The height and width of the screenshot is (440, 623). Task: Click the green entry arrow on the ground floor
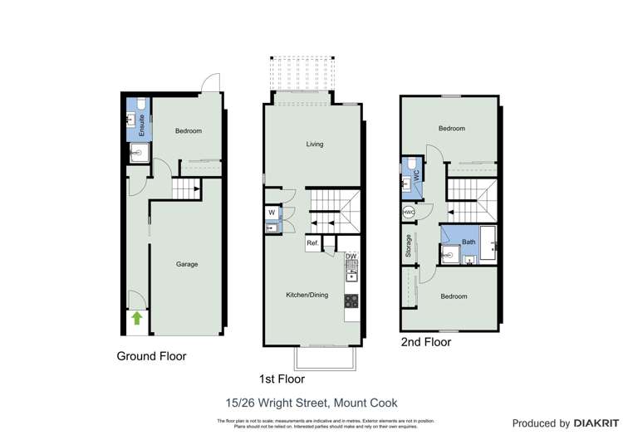137,318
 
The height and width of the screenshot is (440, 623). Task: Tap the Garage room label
187,264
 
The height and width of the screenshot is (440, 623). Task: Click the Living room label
314,144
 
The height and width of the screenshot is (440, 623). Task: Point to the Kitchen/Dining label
307,295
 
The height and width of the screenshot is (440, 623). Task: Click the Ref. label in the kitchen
312,243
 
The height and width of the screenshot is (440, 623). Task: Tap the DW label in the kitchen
351,257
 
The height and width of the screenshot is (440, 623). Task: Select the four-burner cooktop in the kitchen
351,301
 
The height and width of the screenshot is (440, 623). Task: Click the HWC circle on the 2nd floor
409,213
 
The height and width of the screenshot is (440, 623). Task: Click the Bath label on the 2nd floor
468,242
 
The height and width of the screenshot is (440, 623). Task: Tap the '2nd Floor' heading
425,341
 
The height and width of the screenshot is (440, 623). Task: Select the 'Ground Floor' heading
151,356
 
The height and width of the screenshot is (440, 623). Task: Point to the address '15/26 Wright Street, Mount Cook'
311,403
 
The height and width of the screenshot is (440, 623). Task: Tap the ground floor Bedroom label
189,131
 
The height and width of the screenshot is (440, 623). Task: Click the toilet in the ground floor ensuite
140,105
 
